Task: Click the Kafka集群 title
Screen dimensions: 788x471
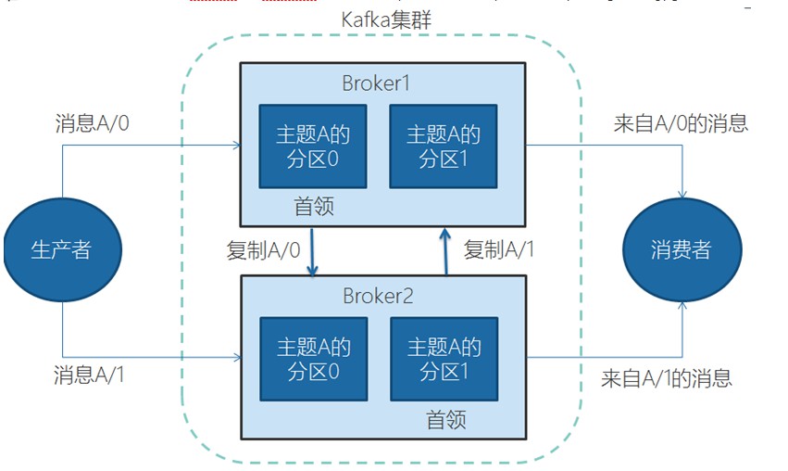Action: (386, 20)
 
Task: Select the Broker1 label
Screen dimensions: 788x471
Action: (376, 83)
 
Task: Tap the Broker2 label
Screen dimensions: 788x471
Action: (378, 296)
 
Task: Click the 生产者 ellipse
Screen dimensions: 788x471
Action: (62, 250)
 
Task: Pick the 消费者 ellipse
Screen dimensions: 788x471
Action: (682, 250)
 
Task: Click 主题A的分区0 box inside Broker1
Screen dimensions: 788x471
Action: (313, 146)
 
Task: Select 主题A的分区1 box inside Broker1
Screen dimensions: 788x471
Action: (444, 146)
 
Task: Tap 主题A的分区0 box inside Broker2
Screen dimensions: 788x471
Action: (314, 359)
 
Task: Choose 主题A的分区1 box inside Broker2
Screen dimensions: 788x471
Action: (444, 359)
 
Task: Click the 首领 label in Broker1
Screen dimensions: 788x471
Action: (314, 207)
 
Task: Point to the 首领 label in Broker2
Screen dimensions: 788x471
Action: (446, 419)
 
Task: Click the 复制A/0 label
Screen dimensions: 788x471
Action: (263, 250)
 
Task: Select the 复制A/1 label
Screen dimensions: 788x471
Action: (498, 249)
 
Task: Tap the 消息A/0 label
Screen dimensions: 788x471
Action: (92, 123)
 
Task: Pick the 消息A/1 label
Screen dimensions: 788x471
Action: (89, 376)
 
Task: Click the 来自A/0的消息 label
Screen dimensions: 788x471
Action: (681, 123)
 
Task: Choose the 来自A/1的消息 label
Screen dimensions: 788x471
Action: (667, 378)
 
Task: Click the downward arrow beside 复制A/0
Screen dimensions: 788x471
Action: (312, 252)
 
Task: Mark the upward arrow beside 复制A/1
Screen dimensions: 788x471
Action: (445, 251)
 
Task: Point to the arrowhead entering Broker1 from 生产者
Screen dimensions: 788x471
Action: (237, 146)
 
